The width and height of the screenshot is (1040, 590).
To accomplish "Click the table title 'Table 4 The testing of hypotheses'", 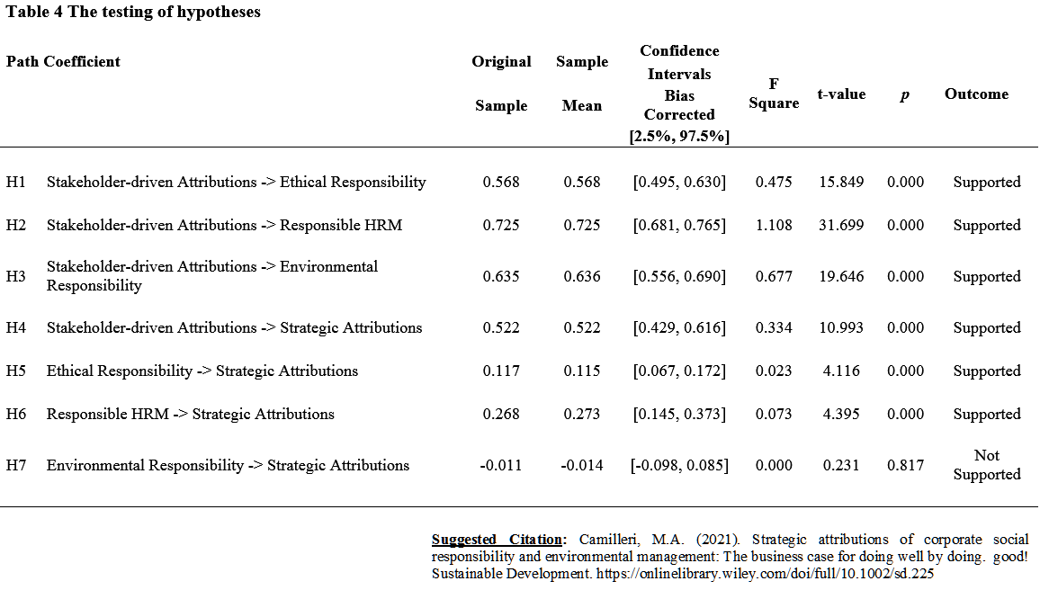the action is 133,12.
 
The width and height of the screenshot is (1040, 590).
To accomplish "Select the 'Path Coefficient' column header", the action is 63,62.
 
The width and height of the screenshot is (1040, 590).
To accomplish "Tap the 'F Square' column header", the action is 774,94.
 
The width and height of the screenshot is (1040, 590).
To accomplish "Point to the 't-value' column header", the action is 841,94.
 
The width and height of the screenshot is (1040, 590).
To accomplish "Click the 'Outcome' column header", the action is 976,94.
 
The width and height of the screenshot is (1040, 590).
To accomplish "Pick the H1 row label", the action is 16,182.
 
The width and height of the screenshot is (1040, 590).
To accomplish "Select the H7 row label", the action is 16,465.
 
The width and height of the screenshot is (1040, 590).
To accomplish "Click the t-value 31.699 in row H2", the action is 841,226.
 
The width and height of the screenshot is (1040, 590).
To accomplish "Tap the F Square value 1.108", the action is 774,226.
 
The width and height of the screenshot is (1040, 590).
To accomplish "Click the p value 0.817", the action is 905,465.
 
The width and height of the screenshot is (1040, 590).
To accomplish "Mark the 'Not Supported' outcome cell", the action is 987,465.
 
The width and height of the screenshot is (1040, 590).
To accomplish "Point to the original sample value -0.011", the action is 501,465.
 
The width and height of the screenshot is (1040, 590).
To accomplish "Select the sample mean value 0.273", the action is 582,415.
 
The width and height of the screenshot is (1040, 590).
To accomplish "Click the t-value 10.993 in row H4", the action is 841,327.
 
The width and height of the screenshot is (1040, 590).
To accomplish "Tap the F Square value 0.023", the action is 774,371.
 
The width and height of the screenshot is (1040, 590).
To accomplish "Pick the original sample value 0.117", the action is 501,371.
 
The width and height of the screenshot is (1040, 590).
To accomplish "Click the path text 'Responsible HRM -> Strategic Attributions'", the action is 191,415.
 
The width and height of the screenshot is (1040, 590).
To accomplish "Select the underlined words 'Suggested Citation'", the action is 497,540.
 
